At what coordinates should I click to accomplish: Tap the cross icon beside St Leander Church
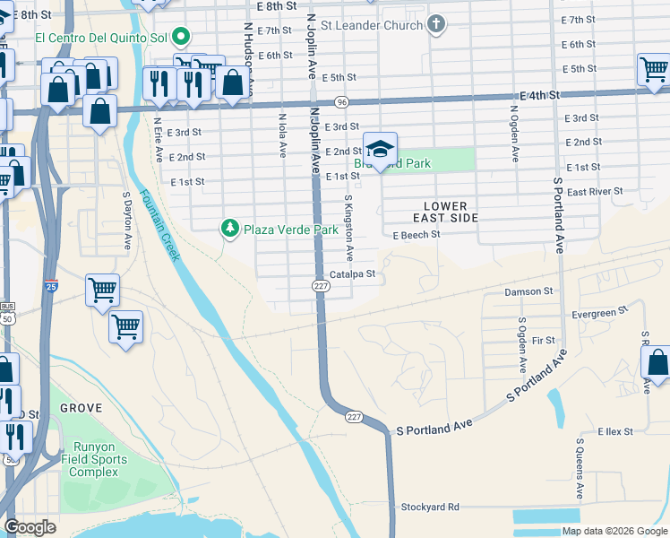pyautogui.click(x=436, y=24)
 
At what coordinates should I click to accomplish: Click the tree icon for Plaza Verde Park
pyautogui.click(x=230, y=230)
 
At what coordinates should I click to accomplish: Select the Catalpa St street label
pyautogui.click(x=356, y=274)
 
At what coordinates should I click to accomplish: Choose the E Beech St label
pyautogui.click(x=417, y=235)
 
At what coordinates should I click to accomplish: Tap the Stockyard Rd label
pyautogui.click(x=430, y=507)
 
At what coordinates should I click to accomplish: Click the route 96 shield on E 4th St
pyautogui.click(x=341, y=102)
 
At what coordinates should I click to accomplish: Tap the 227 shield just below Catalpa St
pyautogui.click(x=320, y=285)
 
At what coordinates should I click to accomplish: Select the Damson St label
pyautogui.click(x=528, y=291)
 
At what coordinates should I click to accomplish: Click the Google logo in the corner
pyautogui.click(x=30, y=527)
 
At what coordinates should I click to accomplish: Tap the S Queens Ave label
pyautogui.click(x=580, y=469)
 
